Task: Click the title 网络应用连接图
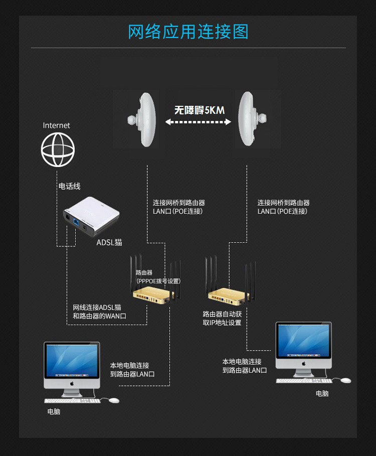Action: click(189, 32)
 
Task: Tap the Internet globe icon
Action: click(58, 149)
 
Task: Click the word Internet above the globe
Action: click(56, 125)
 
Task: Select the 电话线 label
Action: click(70, 186)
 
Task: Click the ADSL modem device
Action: click(91, 216)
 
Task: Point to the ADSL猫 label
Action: click(109, 242)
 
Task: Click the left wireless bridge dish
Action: click(142, 119)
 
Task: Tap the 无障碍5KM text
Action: click(200, 110)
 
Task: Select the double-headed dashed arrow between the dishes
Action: click(198, 122)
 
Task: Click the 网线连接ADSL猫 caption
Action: click(97, 308)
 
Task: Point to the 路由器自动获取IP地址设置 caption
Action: click(222, 318)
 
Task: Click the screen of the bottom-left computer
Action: click(72, 361)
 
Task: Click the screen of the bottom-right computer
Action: click(304, 341)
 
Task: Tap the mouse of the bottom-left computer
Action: click(114, 400)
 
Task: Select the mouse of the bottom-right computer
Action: click(346, 380)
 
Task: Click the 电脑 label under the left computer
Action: click(54, 411)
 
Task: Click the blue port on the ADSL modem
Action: click(76, 222)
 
